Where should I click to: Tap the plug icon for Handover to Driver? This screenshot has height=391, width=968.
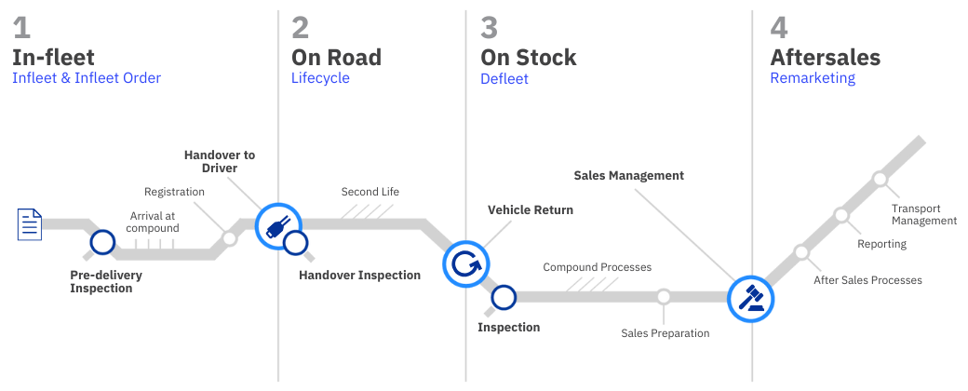pyautogui.click(x=278, y=225)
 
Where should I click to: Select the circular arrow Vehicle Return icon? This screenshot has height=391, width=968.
pyautogui.click(x=464, y=264)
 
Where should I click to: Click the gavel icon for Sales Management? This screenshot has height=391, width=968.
pyautogui.click(x=750, y=298)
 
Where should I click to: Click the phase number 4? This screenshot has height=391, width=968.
pyautogui.click(x=780, y=25)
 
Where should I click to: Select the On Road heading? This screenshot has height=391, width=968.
pyautogui.click(x=336, y=57)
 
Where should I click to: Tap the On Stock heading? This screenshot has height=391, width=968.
pyautogui.click(x=528, y=57)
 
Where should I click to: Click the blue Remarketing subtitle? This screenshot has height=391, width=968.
pyautogui.click(x=813, y=78)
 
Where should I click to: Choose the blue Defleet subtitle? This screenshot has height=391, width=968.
pyautogui.click(x=504, y=78)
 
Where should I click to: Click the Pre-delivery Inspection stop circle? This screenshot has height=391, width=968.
pyautogui.click(x=101, y=243)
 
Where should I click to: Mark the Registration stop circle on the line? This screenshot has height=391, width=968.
pyautogui.click(x=230, y=237)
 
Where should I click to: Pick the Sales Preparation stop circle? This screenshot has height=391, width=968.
pyautogui.click(x=664, y=297)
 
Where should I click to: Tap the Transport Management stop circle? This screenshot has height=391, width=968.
pyautogui.click(x=880, y=178)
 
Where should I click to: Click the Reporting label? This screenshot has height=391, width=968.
pyautogui.click(x=881, y=244)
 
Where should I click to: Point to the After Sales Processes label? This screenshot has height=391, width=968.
pyautogui.click(x=867, y=280)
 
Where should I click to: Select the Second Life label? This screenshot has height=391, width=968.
pyautogui.click(x=370, y=192)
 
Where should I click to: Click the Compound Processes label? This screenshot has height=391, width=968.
pyautogui.click(x=597, y=267)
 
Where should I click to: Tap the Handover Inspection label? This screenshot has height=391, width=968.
pyautogui.click(x=359, y=275)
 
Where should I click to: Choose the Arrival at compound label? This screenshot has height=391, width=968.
pyautogui.click(x=154, y=222)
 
